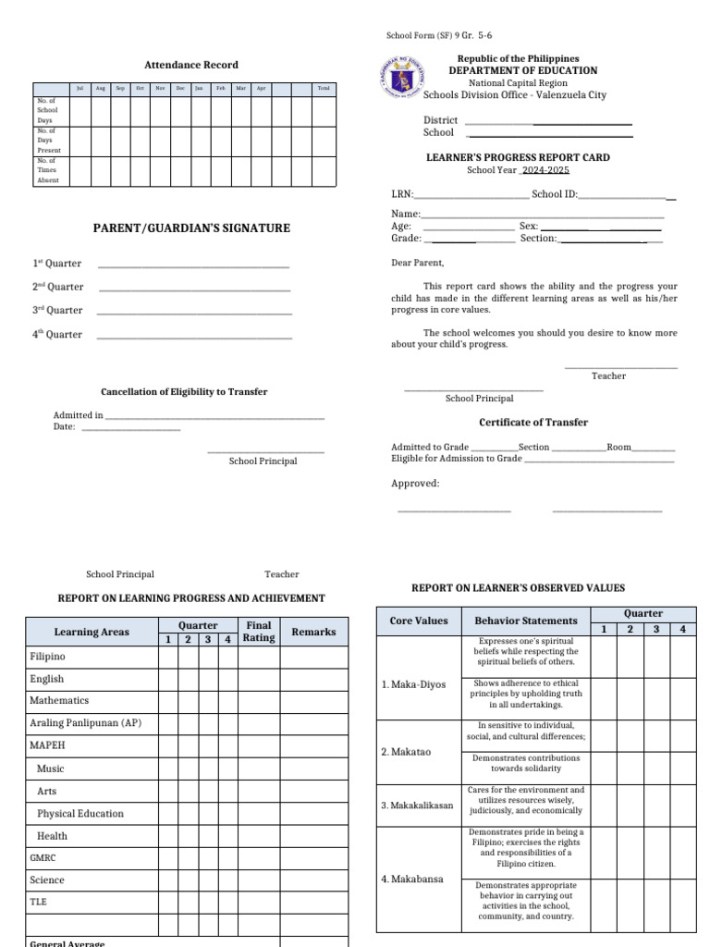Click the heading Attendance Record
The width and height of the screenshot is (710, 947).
(191, 65)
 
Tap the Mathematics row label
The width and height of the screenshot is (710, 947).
(59, 701)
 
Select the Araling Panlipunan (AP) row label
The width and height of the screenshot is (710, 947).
(85, 723)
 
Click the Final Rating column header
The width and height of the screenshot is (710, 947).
(259, 632)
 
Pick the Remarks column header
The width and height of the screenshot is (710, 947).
(313, 632)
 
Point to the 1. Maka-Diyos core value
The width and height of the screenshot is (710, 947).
(413, 685)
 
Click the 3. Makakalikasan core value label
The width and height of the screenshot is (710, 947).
(417, 806)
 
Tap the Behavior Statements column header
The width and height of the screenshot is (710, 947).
(525, 621)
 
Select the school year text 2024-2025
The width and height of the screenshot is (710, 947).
(545, 170)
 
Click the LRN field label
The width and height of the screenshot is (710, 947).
(402, 195)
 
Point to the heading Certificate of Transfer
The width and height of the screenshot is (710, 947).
(532, 423)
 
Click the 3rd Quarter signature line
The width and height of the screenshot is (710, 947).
(194, 312)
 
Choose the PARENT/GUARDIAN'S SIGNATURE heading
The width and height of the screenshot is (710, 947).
(190, 228)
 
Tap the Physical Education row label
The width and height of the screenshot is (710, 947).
(80, 814)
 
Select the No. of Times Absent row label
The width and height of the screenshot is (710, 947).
(47, 170)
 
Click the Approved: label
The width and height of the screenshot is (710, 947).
(415, 484)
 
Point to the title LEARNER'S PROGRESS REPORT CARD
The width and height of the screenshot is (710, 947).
(517, 158)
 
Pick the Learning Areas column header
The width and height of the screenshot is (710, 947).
(92, 633)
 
